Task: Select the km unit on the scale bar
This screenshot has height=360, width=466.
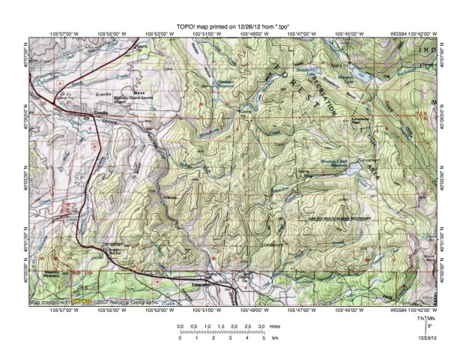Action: coord(275,339)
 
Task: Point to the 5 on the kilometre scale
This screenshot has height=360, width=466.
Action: coord(263,339)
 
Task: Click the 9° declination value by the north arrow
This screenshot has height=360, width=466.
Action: coord(429,328)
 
